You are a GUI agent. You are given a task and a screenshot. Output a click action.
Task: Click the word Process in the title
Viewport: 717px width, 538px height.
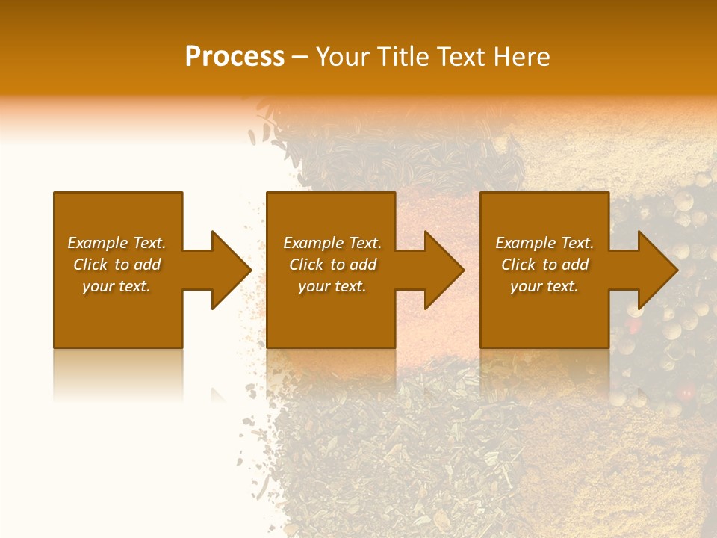coord(235,57)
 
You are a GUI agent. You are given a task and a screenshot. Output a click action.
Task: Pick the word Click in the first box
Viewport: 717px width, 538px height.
coord(91,265)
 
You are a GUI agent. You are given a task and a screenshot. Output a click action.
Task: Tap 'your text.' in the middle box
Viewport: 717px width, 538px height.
coord(332,286)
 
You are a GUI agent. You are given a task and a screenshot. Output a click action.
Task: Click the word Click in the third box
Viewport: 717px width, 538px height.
coord(519,265)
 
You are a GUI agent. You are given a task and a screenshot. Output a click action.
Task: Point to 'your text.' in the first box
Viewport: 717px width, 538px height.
coord(117,286)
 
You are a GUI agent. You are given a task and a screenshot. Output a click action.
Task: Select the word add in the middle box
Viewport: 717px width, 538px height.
coord(362,265)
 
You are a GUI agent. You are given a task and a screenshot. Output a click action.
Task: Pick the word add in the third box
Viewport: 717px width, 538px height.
coord(574,265)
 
